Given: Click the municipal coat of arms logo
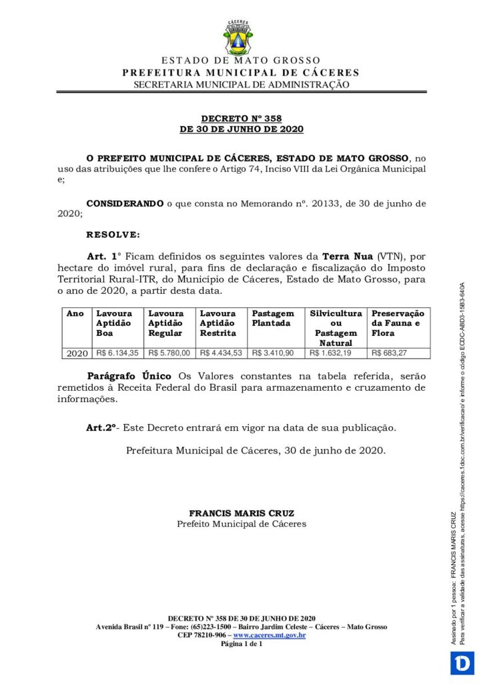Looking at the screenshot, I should (241, 38).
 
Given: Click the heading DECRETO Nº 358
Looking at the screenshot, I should (241, 118).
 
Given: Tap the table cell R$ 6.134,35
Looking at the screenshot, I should (117, 353).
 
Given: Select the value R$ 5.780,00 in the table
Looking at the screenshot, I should (169, 353).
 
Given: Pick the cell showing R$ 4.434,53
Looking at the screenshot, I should (221, 353).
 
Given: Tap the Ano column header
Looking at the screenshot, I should (75, 313).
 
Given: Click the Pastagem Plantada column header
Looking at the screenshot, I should (272, 318).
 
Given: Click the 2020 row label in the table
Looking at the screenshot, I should (77, 353).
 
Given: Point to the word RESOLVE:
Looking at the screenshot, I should (113, 234).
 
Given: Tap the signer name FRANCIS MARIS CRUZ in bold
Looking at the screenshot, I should (241, 513).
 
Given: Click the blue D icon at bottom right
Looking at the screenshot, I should (460, 663).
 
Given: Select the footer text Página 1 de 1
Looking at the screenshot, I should (241, 644).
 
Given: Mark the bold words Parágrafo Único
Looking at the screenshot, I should (129, 375).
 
